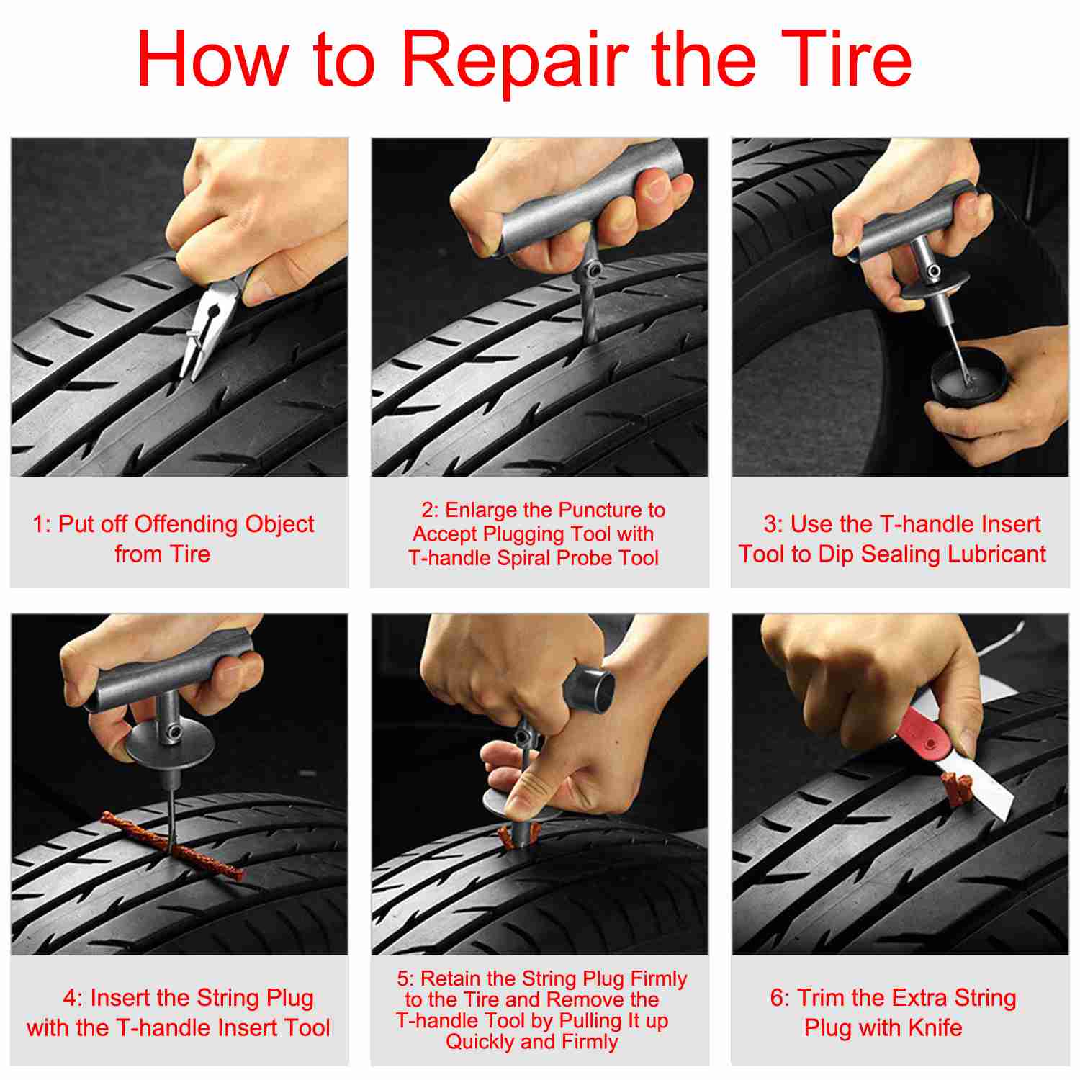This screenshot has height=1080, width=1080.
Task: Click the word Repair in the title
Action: click(514, 60)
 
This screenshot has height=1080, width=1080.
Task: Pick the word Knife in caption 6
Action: click(935, 1027)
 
